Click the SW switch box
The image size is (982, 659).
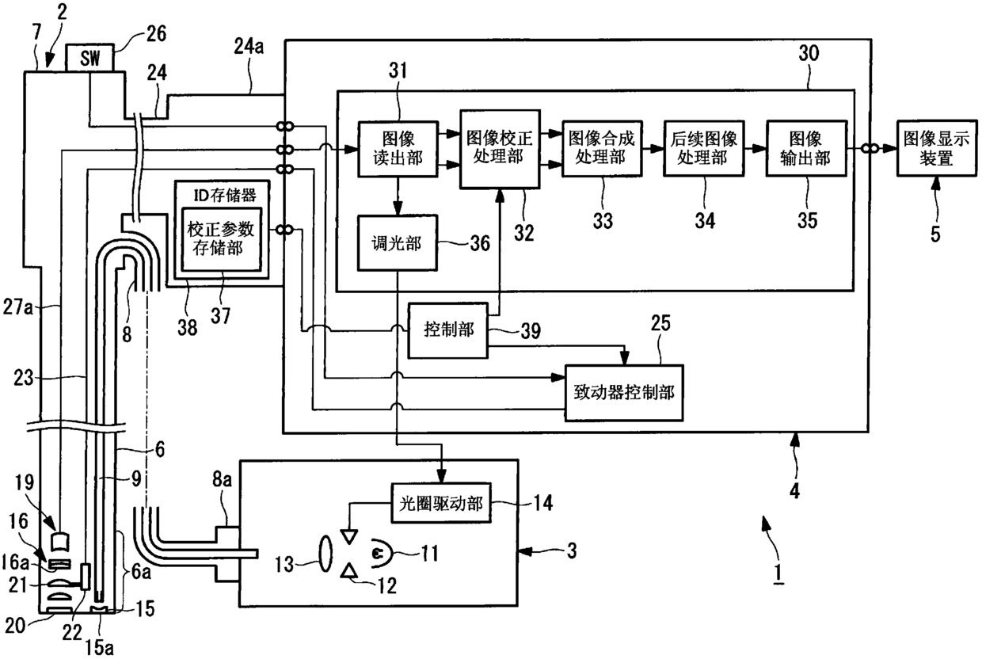pyautogui.click(x=89, y=57)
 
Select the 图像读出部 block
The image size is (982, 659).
pyautogui.click(x=398, y=149)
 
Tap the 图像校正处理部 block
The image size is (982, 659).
pyautogui.click(x=500, y=149)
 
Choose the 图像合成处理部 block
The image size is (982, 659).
pyautogui.click(x=603, y=149)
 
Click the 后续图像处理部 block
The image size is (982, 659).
pyautogui.click(x=704, y=149)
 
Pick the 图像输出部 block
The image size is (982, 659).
pyautogui.click(x=806, y=149)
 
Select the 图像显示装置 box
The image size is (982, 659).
pyautogui.click(x=937, y=148)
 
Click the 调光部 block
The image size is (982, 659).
pyautogui.click(x=398, y=242)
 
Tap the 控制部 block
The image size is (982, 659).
pyautogui.click(x=448, y=330)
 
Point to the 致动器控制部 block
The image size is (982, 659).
pyautogui.click(x=624, y=393)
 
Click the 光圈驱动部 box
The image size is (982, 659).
pyautogui.click(x=440, y=503)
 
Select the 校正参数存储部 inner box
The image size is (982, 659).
pyautogui.click(x=222, y=239)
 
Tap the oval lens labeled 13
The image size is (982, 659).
pyautogui.click(x=325, y=554)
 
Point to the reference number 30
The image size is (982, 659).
pyautogui.click(x=809, y=54)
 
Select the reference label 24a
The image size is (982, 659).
pyautogui.click(x=249, y=46)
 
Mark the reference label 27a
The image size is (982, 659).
pyautogui.click(x=18, y=307)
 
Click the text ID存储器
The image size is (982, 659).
pyautogui.click(x=225, y=195)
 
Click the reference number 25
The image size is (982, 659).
pyautogui.click(x=660, y=323)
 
